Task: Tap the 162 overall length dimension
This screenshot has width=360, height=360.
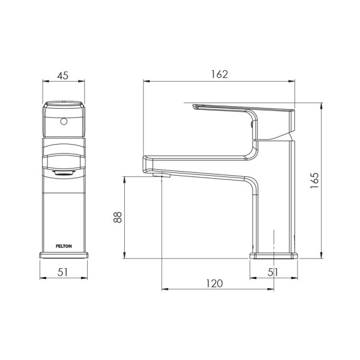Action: tap(220, 74)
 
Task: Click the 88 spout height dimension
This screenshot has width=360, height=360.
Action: tap(118, 217)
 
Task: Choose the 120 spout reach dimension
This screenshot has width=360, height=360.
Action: tap(215, 283)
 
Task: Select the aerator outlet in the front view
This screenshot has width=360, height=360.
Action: tap(64, 173)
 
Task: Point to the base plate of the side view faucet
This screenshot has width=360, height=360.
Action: tap(274, 256)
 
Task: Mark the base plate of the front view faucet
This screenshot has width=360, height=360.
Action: tap(64, 254)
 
